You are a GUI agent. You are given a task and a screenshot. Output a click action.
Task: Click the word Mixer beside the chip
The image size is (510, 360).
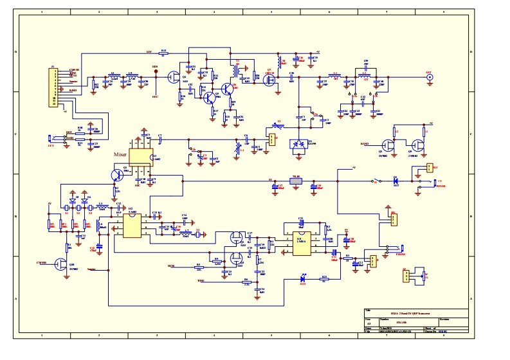(120, 154)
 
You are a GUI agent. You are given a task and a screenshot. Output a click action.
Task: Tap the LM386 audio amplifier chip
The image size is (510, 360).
(302, 243)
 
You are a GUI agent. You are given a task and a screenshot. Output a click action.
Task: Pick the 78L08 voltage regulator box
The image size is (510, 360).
(296, 181)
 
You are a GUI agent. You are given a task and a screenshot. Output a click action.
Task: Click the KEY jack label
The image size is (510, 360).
(51, 145)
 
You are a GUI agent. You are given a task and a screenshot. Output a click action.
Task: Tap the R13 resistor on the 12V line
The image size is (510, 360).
(163, 53)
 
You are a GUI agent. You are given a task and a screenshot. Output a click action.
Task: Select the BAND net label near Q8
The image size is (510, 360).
(365, 144)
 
